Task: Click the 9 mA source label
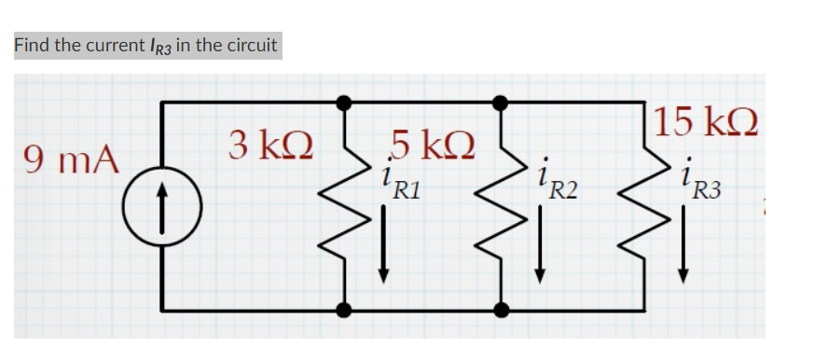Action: point(72,159)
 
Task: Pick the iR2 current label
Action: point(558,185)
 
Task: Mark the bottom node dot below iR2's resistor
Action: point(501,310)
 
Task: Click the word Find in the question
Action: point(31,46)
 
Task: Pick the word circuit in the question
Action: point(250,46)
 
